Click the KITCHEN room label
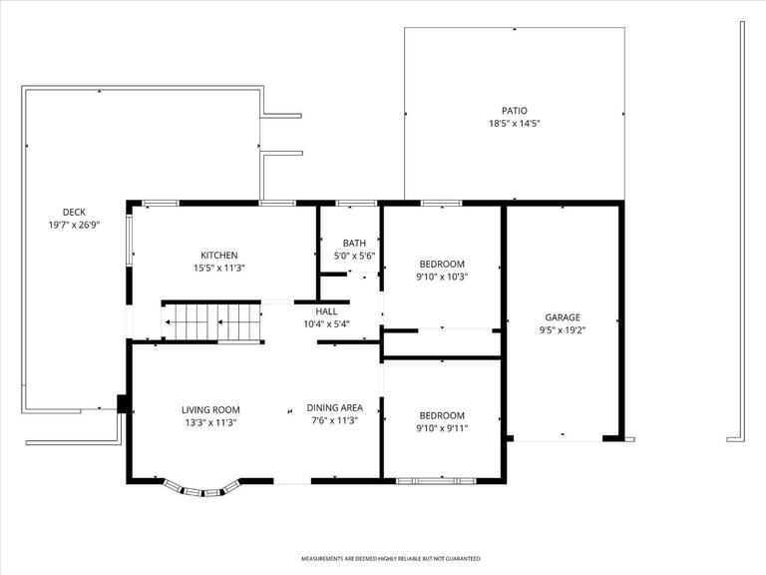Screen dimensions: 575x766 pyautogui.click(x=218, y=256)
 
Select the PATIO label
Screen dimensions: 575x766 pyautogui.click(x=514, y=111)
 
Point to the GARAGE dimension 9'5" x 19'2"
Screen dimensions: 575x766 pyautogui.click(x=563, y=329)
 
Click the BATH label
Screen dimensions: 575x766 pyautogui.click(x=354, y=244)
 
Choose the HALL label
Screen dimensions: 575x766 pyautogui.click(x=326, y=311)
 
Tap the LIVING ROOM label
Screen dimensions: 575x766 pyautogui.click(x=210, y=409)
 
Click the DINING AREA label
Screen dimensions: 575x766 pyautogui.click(x=334, y=408)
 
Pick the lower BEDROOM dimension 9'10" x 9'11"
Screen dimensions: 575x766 pyautogui.click(x=442, y=428)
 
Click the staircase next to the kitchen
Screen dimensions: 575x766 pyautogui.click(x=211, y=321)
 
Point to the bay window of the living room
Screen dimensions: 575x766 pyautogui.click(x=203, y=489)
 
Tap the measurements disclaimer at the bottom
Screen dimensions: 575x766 pyautogui.click(x=391, y=559)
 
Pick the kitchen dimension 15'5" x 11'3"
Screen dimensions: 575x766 pyautogui.click(x=218, y=268)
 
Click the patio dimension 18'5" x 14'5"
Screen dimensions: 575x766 pyautogui.click(x=514, y=124)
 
